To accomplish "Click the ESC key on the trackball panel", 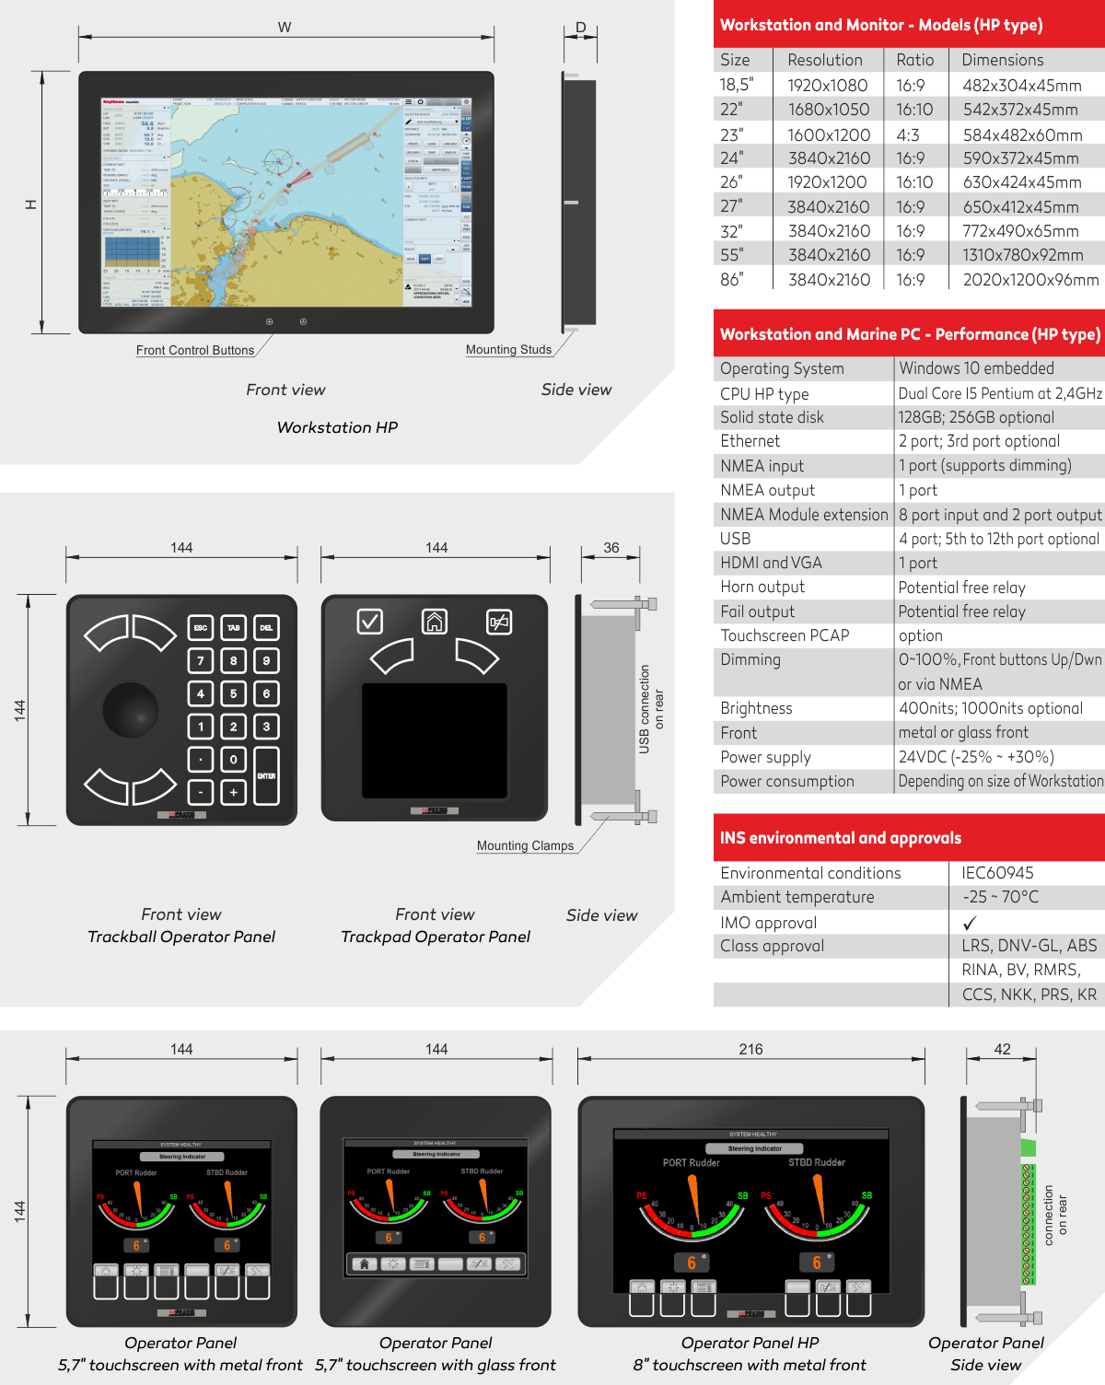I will click(x=201, y=628).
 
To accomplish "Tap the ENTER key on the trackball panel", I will click(x=266, y=775).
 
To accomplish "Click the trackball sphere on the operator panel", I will click(x=130, y=709).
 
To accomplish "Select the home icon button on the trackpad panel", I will click(x=435, y=622).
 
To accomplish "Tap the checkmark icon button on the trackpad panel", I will click(x=370, y=622).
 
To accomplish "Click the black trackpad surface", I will click(x=435, y=740).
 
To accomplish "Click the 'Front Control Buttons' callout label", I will click(x=195, y=351).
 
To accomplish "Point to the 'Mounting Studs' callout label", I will click(x=508, y=350).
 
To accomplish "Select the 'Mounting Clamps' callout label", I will click(x=525, y=846).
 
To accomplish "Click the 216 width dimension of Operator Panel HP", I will click(x=750, y=1050).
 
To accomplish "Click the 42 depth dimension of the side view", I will click(x=1002, y=1050).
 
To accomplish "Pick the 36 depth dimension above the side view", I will click(x=611, y=548).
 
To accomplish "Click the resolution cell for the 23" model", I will click(x=829, y=134).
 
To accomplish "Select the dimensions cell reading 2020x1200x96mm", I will click(x=1030, y=280).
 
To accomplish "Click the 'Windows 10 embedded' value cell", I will click(x=976, y=368).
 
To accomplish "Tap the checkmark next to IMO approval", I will click(x=970, y=923).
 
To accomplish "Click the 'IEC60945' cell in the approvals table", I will click(x=997, y=873).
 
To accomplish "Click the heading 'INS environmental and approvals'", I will click(x=840, y=838).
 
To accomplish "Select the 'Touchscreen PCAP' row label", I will click(x=785, y=635).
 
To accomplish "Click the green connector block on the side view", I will click(x=1029, y=1147).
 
